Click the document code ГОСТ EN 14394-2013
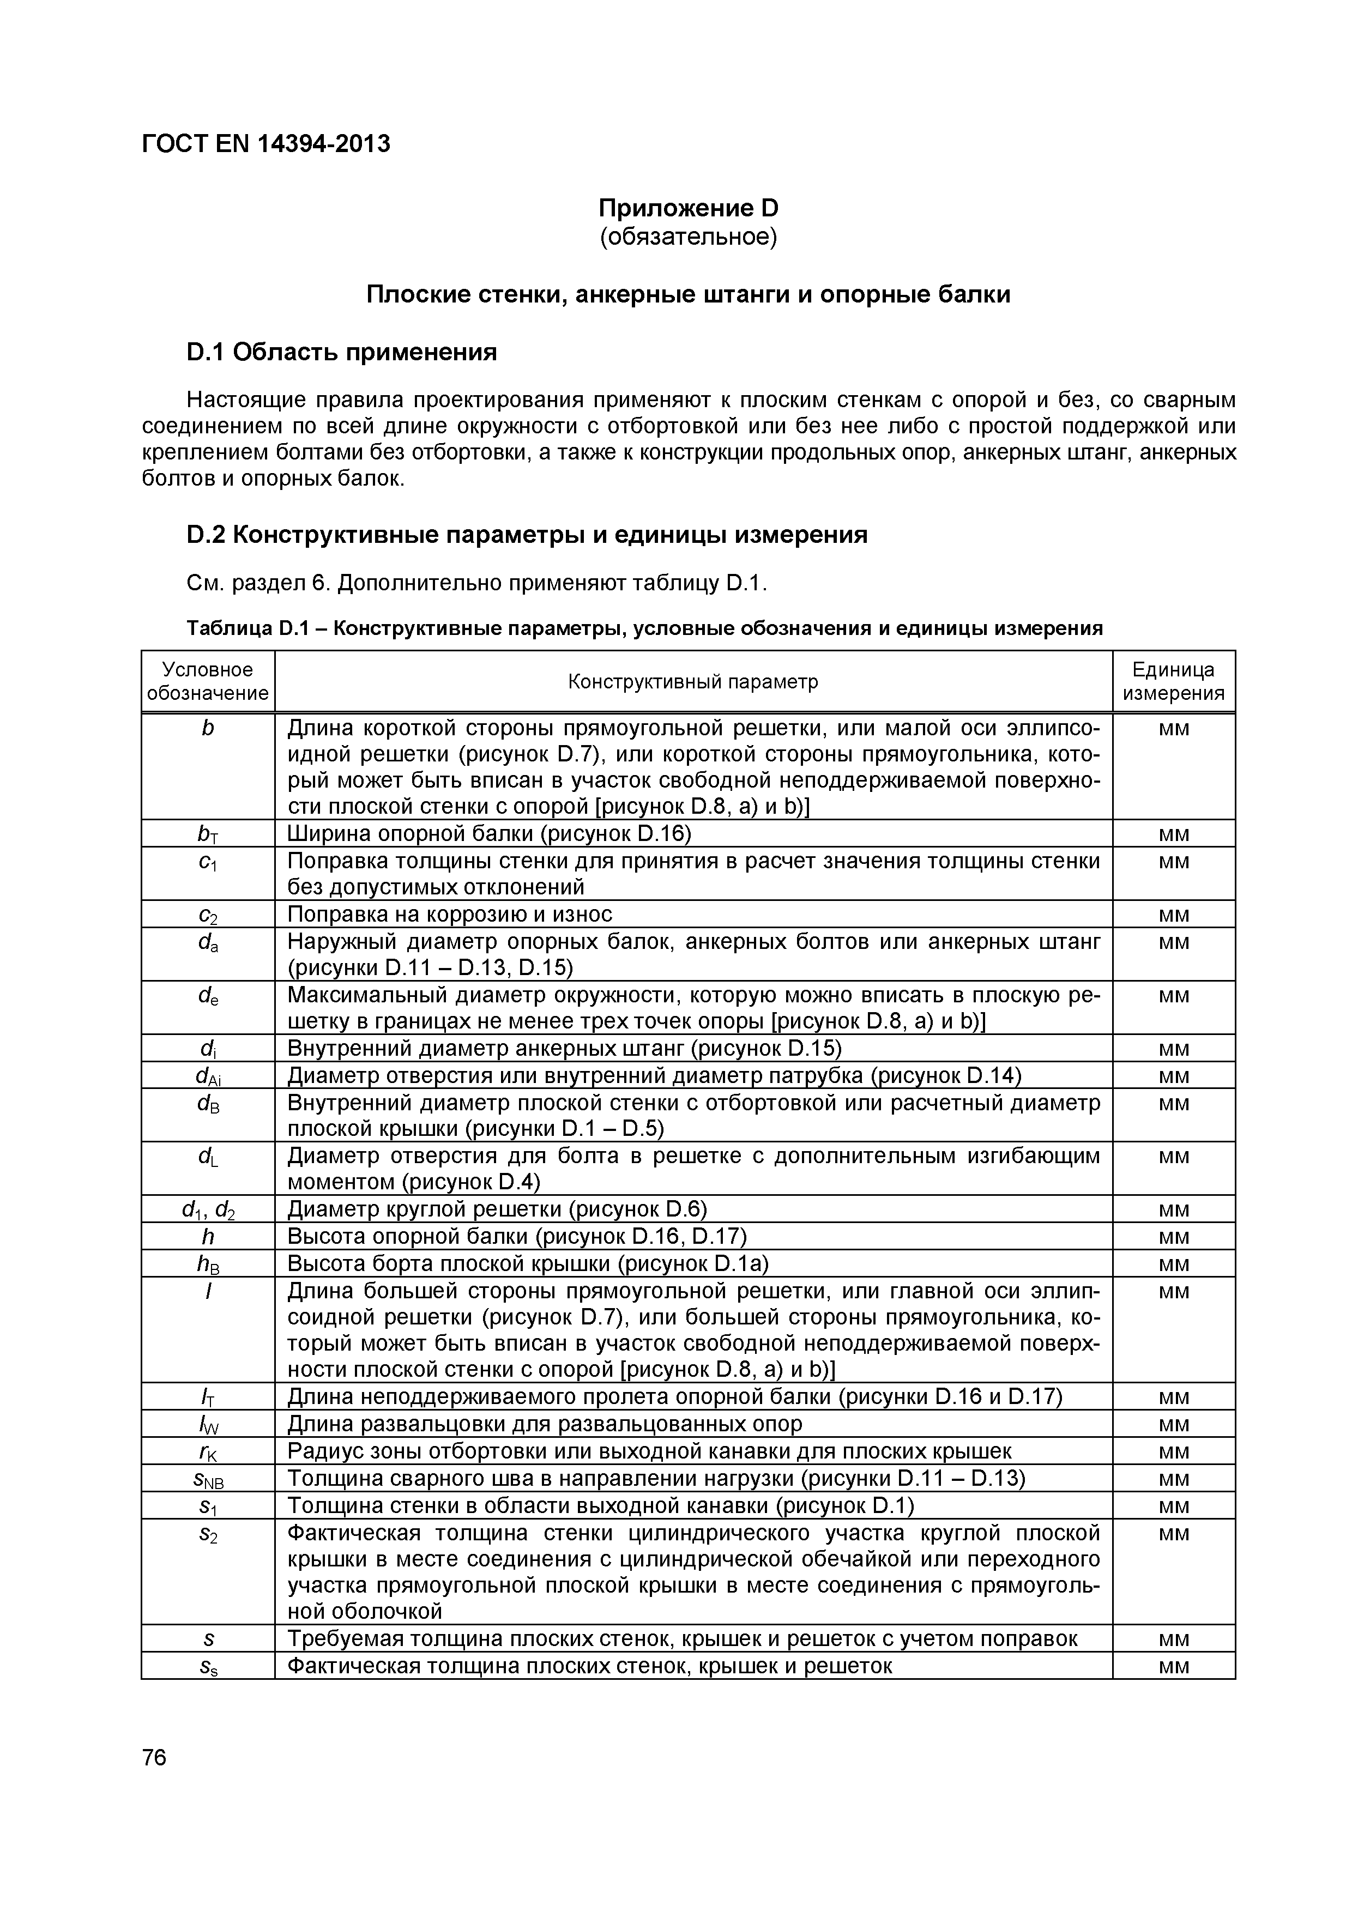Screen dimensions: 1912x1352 click(x=265, y=144)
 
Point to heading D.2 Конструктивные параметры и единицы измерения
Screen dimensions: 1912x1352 click(x=527, y=535)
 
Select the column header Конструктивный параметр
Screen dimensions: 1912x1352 click(x=693, y=681)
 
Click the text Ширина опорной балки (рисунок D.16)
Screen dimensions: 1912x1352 click(x=490, y=833)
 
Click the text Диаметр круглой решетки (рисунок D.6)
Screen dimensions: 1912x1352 click(x=497, y=1208)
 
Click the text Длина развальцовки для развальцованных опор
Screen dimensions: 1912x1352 click(x=545, y=1424)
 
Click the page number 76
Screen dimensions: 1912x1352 click(x=154, y=1758)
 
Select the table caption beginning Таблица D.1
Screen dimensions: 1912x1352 click(x=645, y=628)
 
